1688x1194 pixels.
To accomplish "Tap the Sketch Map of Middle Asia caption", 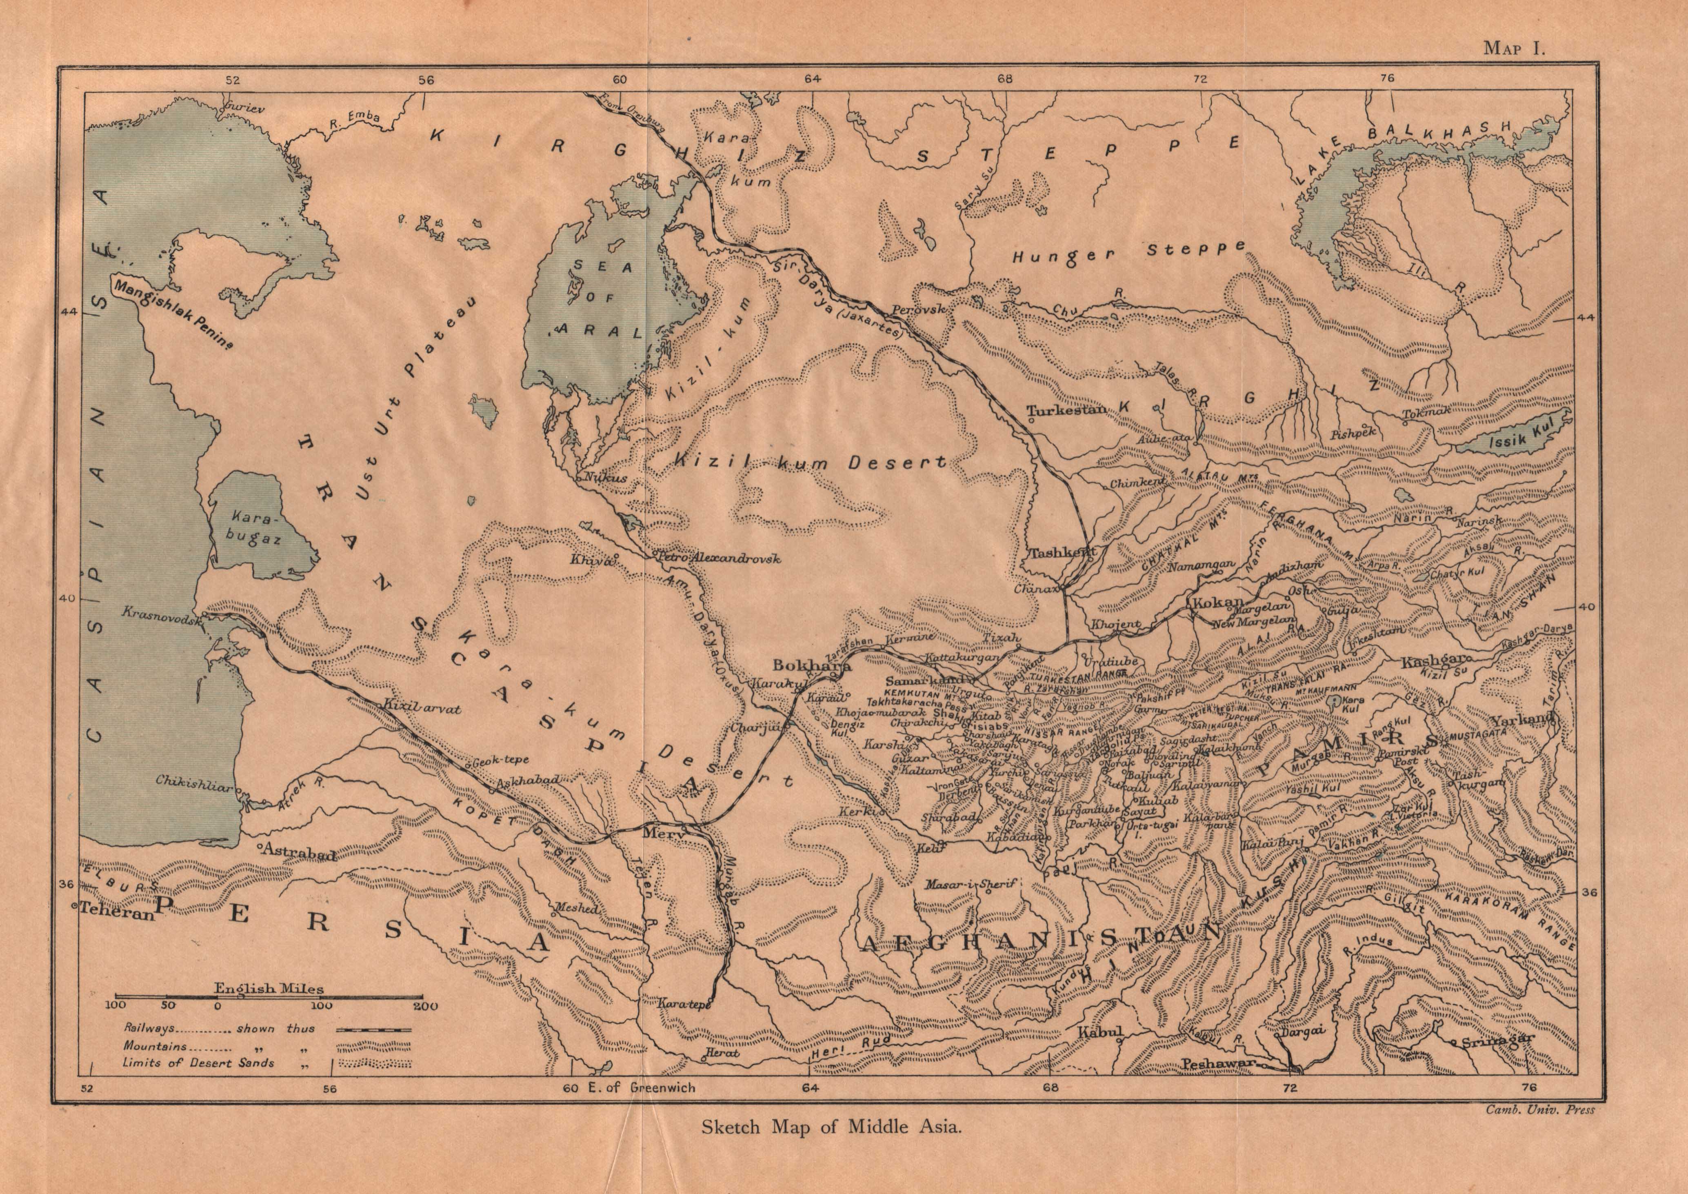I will click(831, 1147).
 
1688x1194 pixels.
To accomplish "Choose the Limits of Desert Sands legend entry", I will click(198, 1063).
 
